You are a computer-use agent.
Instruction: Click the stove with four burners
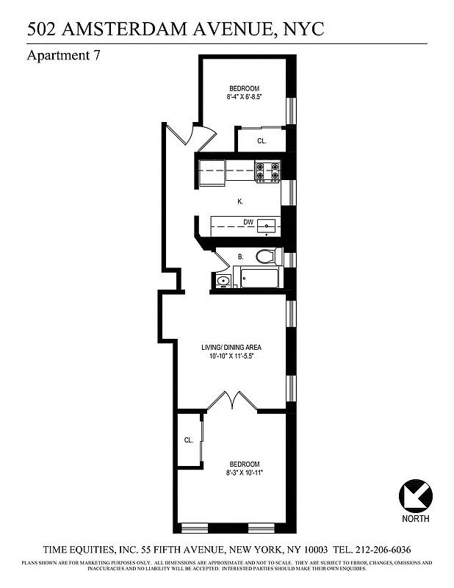(x=267, y=171)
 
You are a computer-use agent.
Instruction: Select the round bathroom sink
(x=223, y=280)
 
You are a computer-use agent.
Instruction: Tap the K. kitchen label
(x=239, y=201)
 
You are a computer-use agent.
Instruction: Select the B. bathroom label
(x=240, y=257)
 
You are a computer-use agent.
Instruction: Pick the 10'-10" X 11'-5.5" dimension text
(x=231, y=356)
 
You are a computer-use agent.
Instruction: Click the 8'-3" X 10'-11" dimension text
(x=245, y=473)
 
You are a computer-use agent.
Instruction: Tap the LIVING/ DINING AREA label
(x=231, y=347)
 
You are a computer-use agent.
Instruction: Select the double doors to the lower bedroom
(x=232, y=401)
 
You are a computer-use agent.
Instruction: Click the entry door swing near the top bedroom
(x=190, y=134)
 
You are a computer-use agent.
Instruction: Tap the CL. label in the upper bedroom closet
(x=261, y=140)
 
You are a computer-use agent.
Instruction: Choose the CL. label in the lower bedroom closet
(x=189, y=440)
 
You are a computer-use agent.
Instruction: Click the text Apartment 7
(x=63, y=56)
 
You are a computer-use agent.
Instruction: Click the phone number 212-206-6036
(x=381, y=550)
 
